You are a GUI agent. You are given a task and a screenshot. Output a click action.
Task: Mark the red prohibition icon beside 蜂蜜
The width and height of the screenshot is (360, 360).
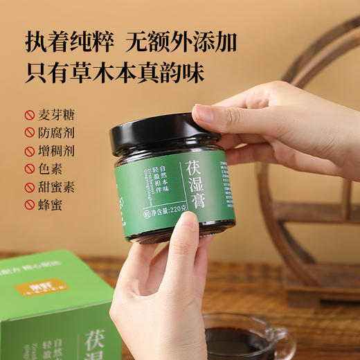[29, 206]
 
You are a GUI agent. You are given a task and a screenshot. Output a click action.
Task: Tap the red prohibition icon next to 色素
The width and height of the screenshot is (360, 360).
[29, 168]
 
